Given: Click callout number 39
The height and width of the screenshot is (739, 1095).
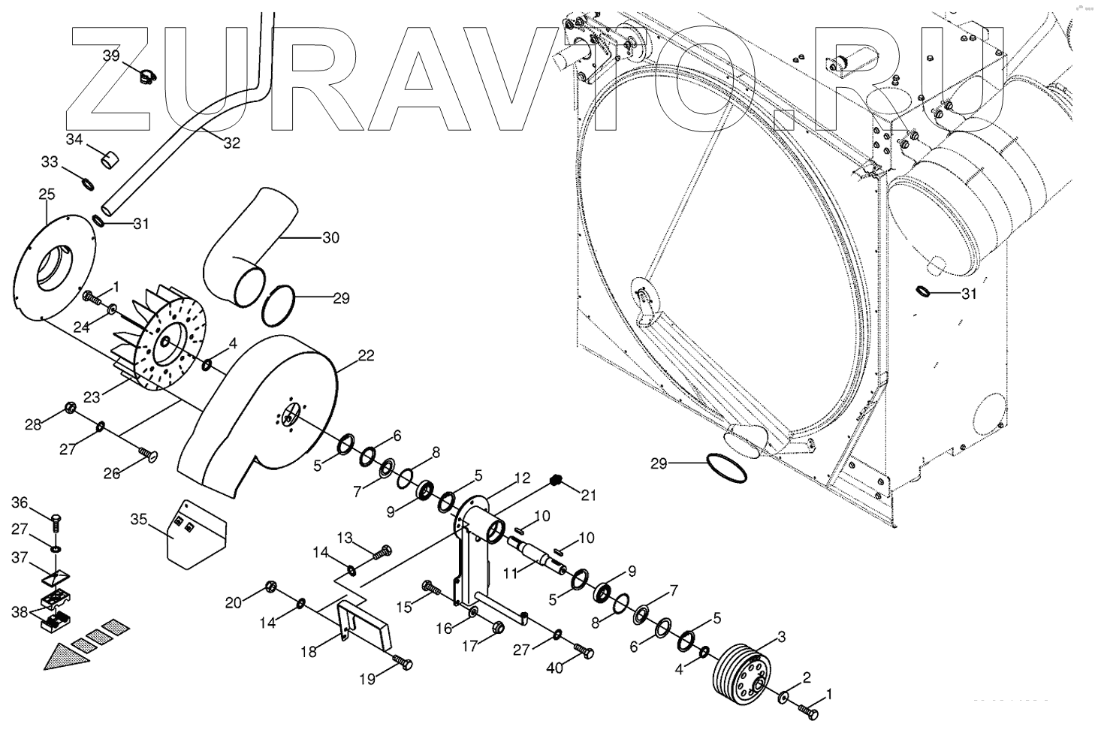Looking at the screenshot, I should click(x=110, y=56).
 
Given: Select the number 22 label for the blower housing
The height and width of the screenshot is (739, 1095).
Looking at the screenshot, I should click(x=365, y=356).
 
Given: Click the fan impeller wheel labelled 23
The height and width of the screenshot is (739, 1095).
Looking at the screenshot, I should click(x=161, y=342).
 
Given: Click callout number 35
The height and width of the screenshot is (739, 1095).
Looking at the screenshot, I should click(x=139, y=519).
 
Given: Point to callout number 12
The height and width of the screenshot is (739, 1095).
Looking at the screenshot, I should click(x=522, y=477).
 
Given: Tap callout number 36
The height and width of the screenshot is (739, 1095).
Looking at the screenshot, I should click(x=19, y=502).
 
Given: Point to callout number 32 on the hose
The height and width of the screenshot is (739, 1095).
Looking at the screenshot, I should click(x=231, y=143).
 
